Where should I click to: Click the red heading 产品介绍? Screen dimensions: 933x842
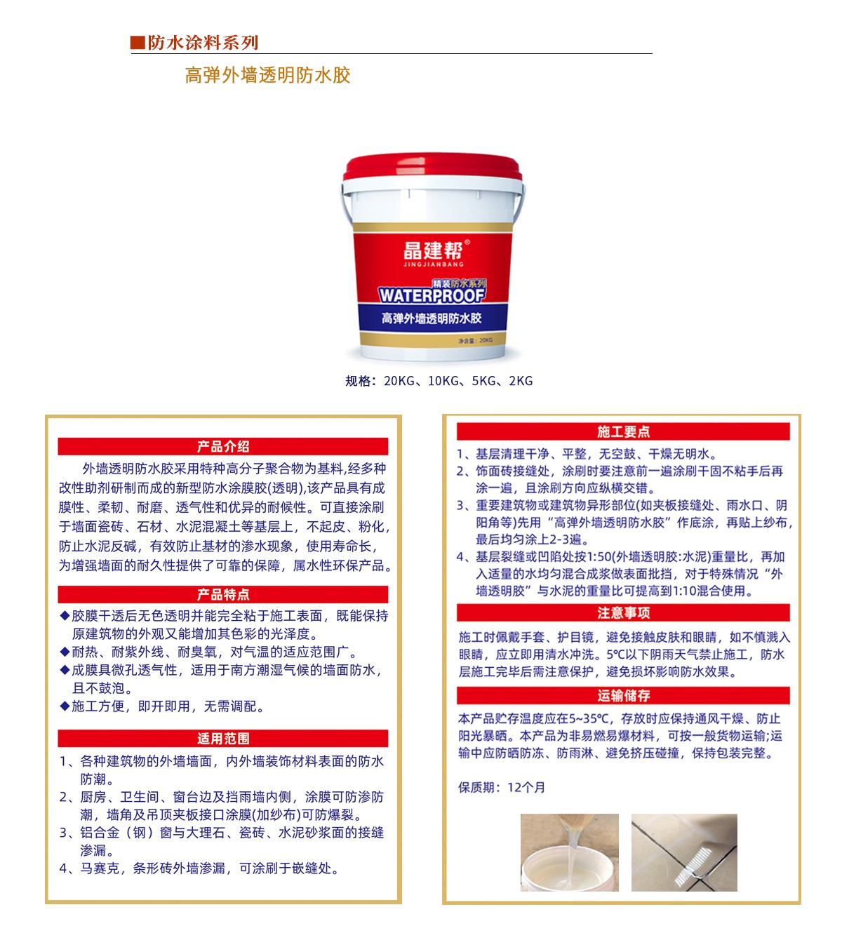(223, 447)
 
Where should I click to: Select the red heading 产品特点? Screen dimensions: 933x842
(223, 595)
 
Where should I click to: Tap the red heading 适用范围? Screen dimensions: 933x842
(223, 739)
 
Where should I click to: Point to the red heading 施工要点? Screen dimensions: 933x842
(623, 432)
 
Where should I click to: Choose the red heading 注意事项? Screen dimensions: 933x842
(623, 613)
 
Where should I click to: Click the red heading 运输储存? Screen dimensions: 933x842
(623, 696)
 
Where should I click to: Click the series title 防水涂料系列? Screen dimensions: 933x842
(203, 43)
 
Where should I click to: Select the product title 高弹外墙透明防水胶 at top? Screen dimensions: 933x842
(267, 75)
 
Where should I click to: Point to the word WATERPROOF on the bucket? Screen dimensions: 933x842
(432, 295)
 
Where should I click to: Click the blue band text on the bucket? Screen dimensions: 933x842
(432, 318)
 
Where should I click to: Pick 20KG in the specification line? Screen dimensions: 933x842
(399, 381)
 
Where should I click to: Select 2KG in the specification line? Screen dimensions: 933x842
(521, 381)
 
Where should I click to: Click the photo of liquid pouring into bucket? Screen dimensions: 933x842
(569, 852)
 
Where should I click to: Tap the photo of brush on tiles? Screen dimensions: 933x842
(684, 852)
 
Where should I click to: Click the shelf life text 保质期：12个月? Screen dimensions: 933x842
(502, 788)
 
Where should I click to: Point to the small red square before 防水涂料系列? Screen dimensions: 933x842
(138, 43)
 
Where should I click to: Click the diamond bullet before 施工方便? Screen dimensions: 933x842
(65, 706)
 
